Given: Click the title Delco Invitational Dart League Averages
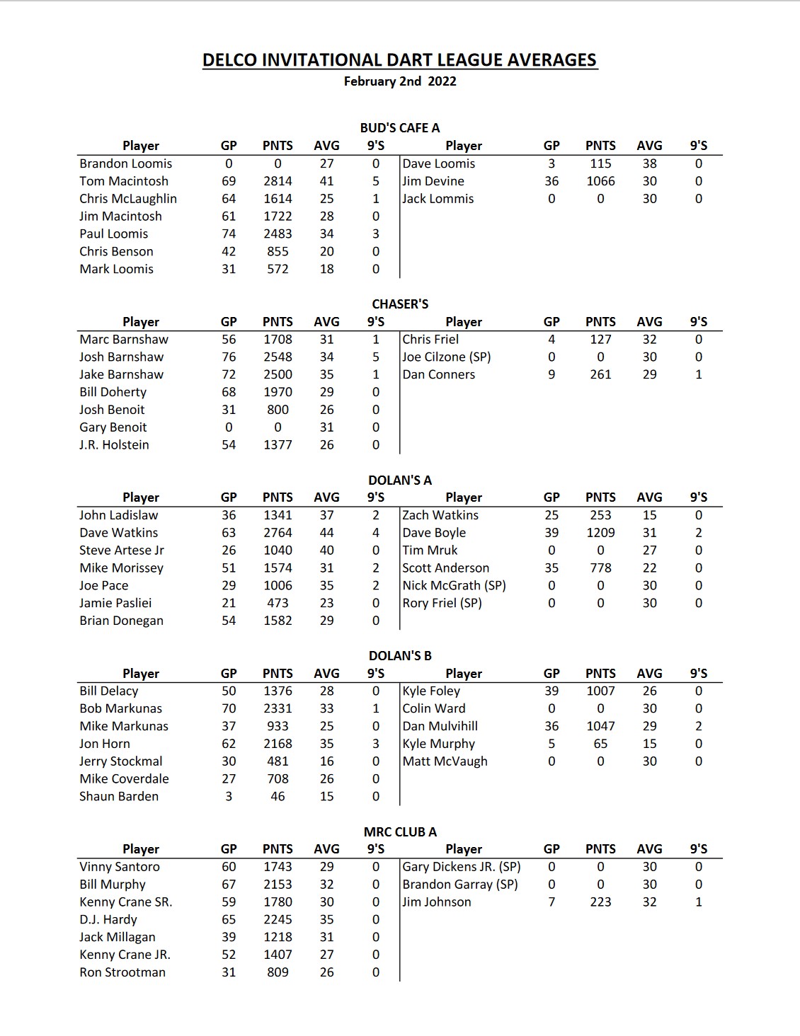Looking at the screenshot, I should point(400,60).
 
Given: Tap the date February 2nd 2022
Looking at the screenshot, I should point(400,81).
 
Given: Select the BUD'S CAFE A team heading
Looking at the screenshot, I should point(400,128).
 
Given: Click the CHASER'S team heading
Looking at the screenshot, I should point(400,304).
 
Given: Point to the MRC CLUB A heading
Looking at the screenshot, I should point(400,832).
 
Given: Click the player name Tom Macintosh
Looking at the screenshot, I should point(124,181).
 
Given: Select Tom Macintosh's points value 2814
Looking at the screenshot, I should point(278,181).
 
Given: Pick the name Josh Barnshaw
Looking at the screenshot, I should point(121,357).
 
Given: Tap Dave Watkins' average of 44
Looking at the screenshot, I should point(326,533).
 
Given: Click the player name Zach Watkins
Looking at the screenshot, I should point(440,515).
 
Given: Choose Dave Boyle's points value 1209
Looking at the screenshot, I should point(600,533).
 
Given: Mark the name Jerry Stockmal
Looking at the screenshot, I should point(121,761).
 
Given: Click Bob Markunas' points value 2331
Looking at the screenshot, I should point(278,708).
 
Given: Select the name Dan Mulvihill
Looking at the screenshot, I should point(440,726).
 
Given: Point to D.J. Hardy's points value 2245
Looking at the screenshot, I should point(278,920).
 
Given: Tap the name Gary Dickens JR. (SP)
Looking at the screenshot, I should point(462,867).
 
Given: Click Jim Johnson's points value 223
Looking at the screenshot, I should point(600,902).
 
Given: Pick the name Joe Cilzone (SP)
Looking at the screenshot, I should point(447,357).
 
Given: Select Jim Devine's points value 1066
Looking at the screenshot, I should point(600,181).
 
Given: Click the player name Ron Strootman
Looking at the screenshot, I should point(122,972).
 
